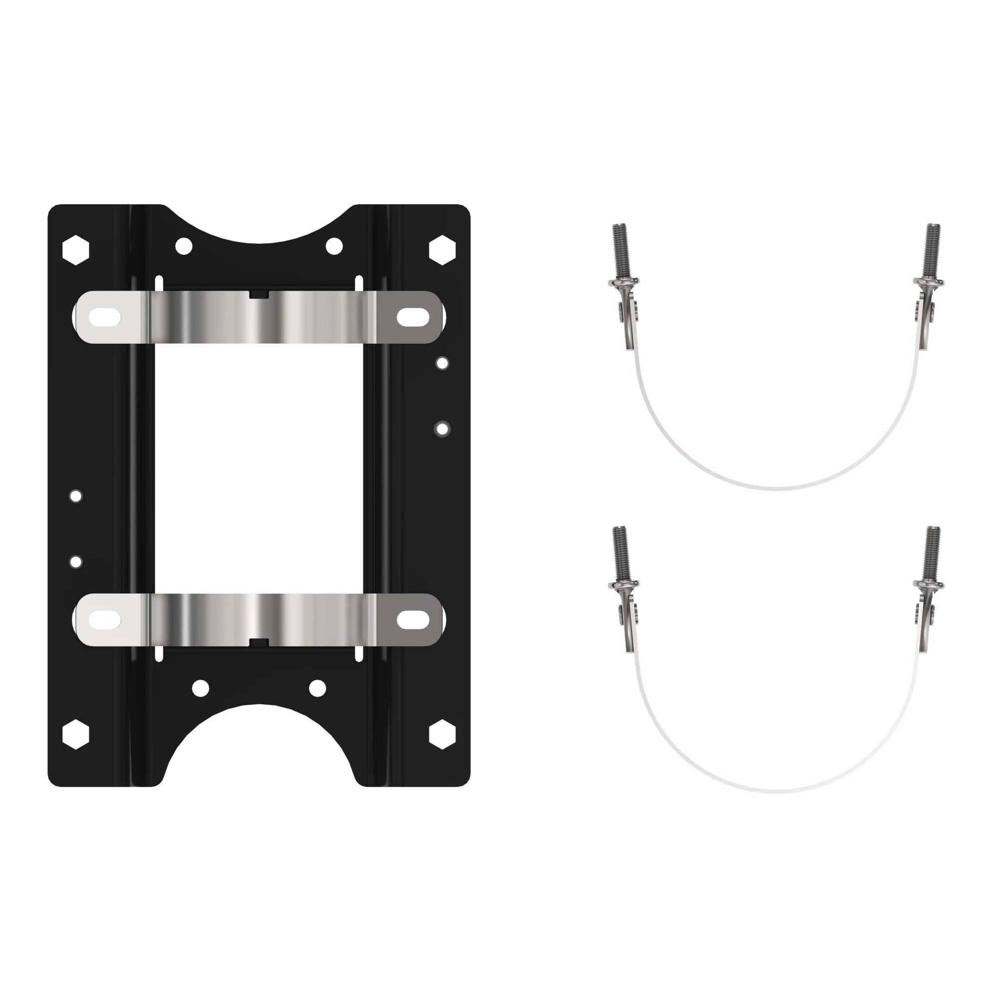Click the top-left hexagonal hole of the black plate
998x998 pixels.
click(x=76, y=250)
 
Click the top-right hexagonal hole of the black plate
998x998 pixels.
click(x=443, y=250)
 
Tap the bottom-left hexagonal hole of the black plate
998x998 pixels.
click(x=76, y=734)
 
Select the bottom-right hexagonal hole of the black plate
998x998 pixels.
click(x=443, y=734)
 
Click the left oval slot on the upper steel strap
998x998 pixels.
click(x=105, y=317)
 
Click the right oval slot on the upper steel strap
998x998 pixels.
click(x=413, y=317)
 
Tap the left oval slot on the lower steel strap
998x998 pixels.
click(x=105, y=620)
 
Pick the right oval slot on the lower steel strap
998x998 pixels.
click(x=413, y=620)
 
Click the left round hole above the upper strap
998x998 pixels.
click(x=184, y=247)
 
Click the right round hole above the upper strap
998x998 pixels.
click(x=334, y=247)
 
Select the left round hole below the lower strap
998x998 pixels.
click(x=201, y=688)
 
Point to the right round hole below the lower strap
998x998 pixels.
click(x=317, y=688)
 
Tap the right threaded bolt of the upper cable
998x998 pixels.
click(x=934, y=250)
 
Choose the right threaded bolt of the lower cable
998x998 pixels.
click(x=934, y=553)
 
